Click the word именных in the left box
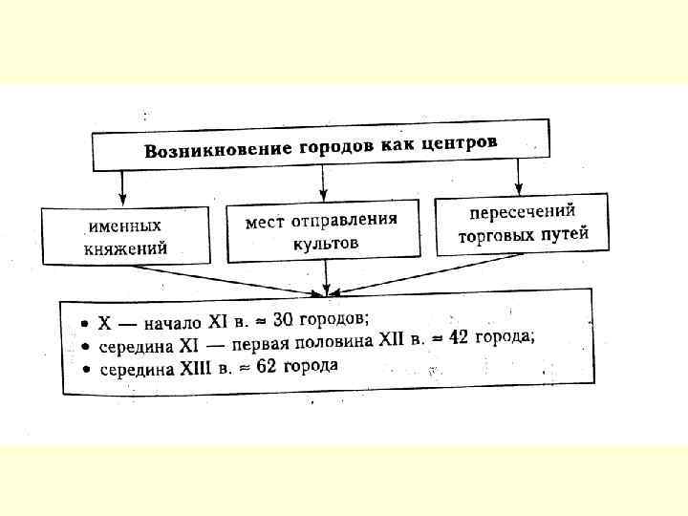(x=124, y=227)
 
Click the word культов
(x=326, y=243)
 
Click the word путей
(x=563, y=232)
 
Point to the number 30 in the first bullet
(x=273, y=318)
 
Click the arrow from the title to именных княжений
(x=123, y=185)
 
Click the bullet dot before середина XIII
(x=85, y=370)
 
